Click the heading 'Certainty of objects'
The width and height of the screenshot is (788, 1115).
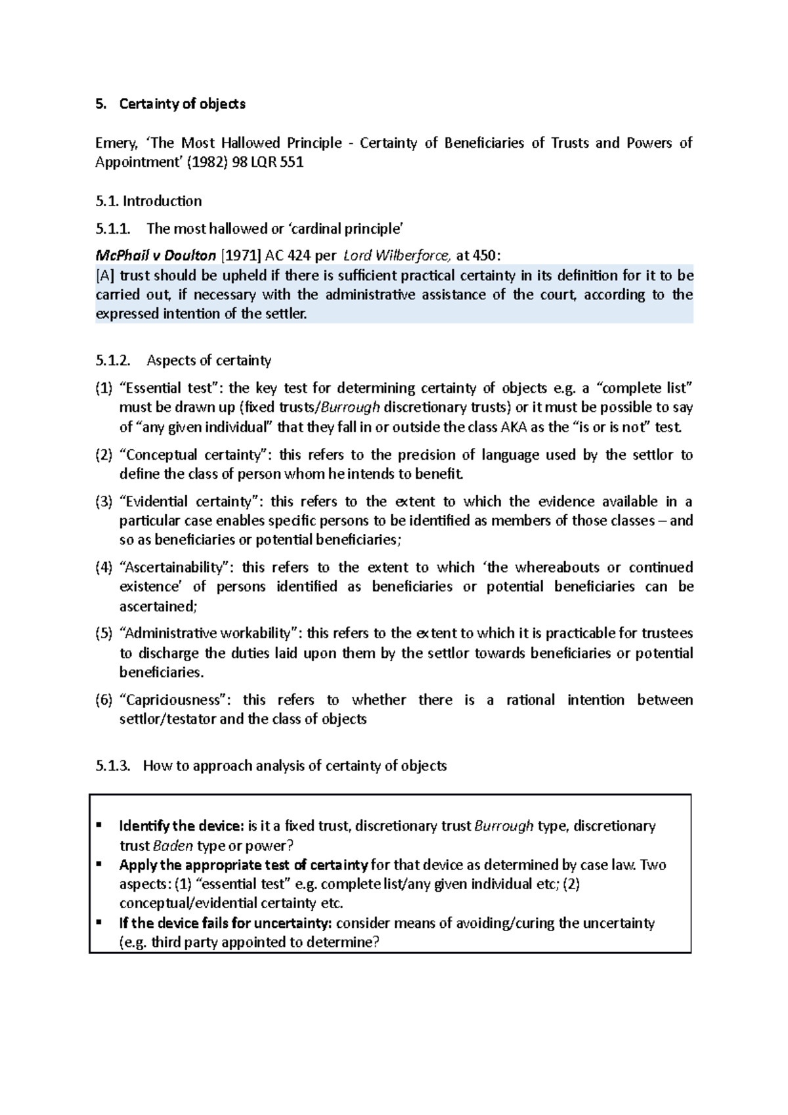(182, 104)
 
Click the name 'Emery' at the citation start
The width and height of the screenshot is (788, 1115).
(113, 143)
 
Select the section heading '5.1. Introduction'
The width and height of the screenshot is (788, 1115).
(148, 201)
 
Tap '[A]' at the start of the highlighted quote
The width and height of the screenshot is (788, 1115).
(105, 275)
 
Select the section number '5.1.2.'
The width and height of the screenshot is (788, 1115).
(113, 360)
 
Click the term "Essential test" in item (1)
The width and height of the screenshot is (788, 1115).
(170, 388)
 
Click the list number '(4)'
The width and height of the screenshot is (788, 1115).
(104, 567)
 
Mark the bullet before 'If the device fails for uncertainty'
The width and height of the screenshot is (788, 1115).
(99, 922)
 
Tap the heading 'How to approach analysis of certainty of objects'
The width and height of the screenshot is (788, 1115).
(295, 766)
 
